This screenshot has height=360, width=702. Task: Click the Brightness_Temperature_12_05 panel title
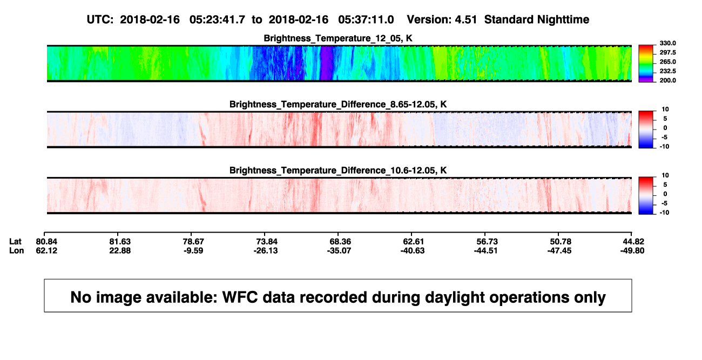[x=338, y=38]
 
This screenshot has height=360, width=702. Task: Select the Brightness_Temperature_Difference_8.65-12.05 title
[x=338, y=104]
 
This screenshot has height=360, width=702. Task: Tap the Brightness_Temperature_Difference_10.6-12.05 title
[x=338, y=171]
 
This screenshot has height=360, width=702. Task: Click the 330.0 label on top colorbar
[x=667, y=43]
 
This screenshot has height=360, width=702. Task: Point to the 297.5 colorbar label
[x=667, y=52]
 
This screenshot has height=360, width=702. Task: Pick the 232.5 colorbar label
[x=667, y=71]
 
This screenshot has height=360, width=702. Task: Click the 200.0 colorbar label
[x=667, y=80]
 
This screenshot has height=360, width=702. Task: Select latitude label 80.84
[x=46, y=242]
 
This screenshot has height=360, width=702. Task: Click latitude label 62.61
[x=413, y=242]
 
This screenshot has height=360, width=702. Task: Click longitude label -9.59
[x=193, y=250]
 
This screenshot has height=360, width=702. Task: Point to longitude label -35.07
[x=339, y=250]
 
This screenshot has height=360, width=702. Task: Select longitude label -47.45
[x=559, y=250]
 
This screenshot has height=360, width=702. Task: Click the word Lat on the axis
[x=15, y=242]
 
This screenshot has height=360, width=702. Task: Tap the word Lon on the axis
[x=16, y=250]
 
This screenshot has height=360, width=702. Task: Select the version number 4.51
[x=465, y=19]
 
